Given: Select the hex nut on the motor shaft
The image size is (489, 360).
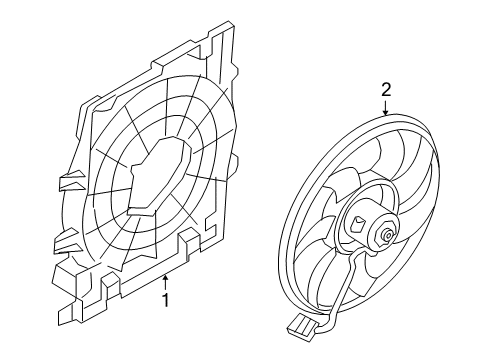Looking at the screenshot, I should tap(386, 236).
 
